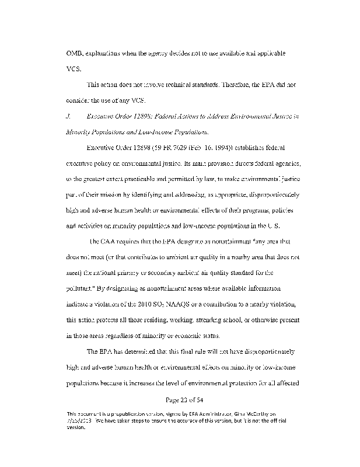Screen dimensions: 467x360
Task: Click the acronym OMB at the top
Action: [x=75, y=53]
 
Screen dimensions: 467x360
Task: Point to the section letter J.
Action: [x=69, y=116]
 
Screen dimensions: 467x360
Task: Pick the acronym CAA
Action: [x=109, y=241]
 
